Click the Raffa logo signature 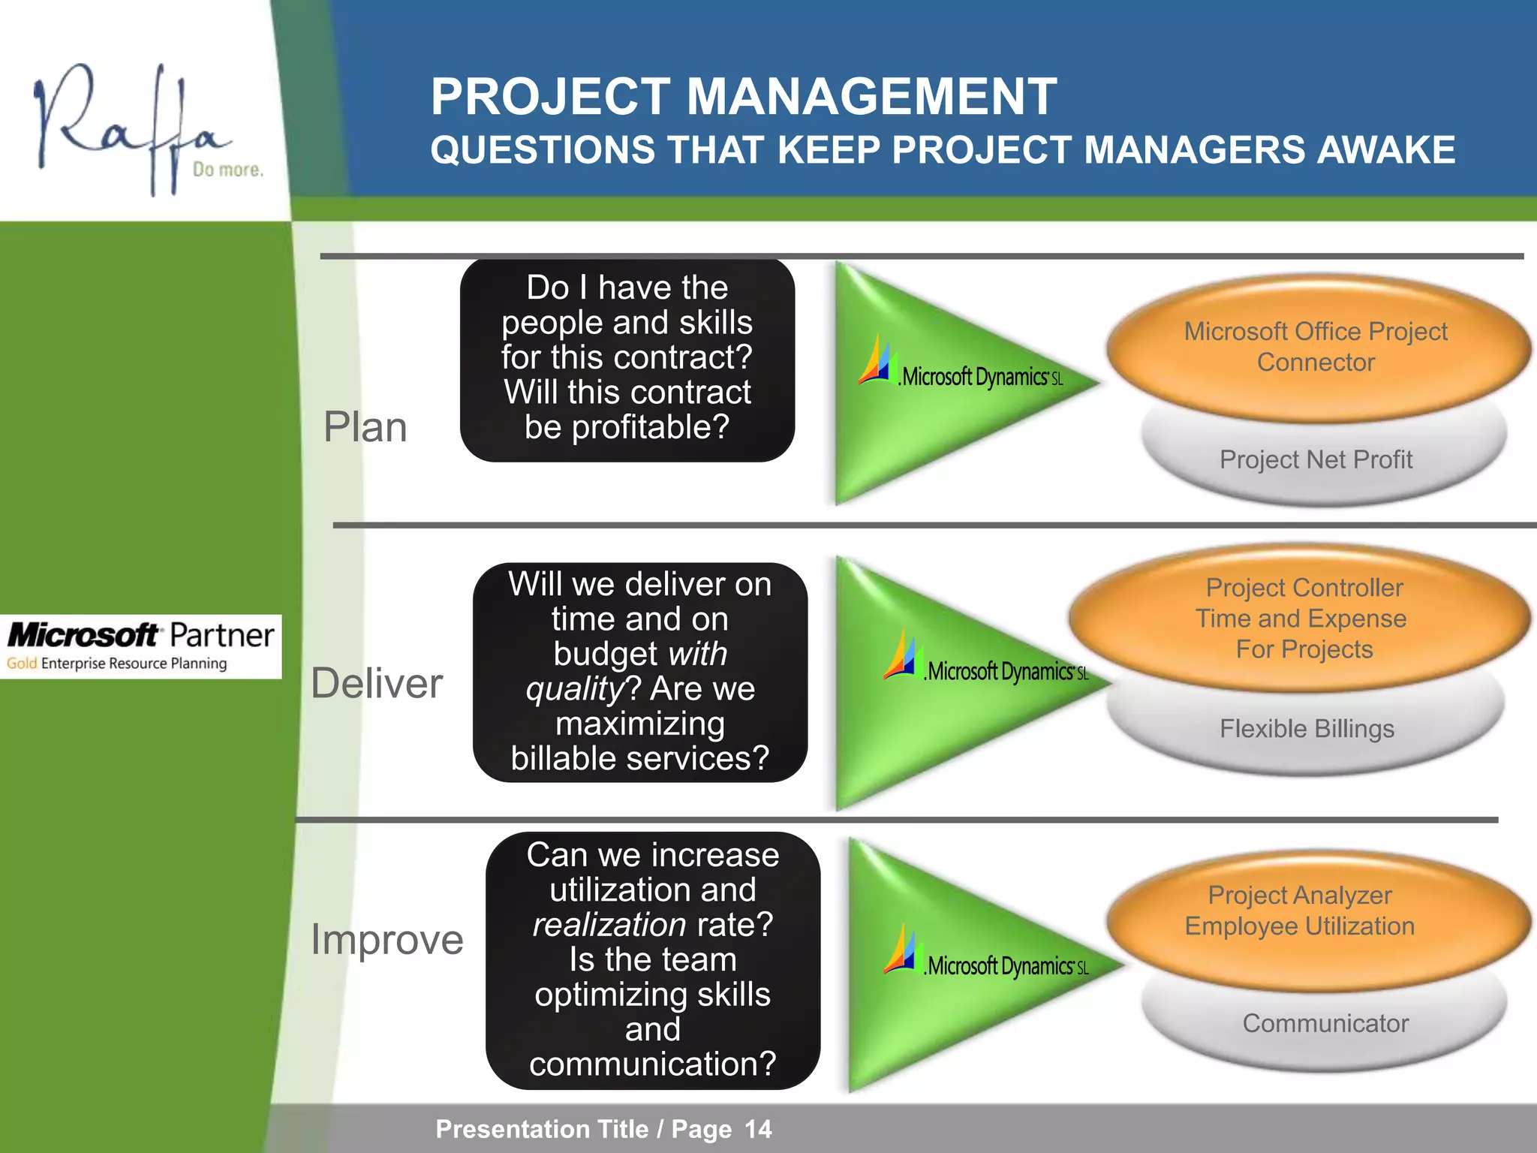point(128,124)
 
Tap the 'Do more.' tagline point(227,170)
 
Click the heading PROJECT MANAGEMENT point(743,97)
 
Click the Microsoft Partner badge point(140,646)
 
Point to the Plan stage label point(365,427)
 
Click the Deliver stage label point(377,683)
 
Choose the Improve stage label point(387,939)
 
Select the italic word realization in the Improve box point(609,924)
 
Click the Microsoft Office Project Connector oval point(1316,346)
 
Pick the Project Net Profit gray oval point(1316,459)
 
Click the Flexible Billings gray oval point(1307,729)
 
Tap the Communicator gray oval point(1325,1023)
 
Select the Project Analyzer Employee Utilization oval point(1300,910)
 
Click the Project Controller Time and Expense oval point(1304,618)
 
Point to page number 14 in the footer point(758,1129)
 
